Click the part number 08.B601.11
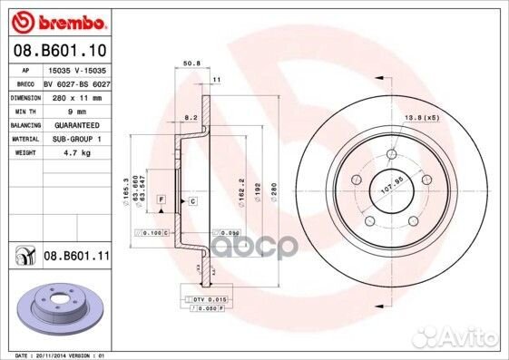(77, 258)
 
